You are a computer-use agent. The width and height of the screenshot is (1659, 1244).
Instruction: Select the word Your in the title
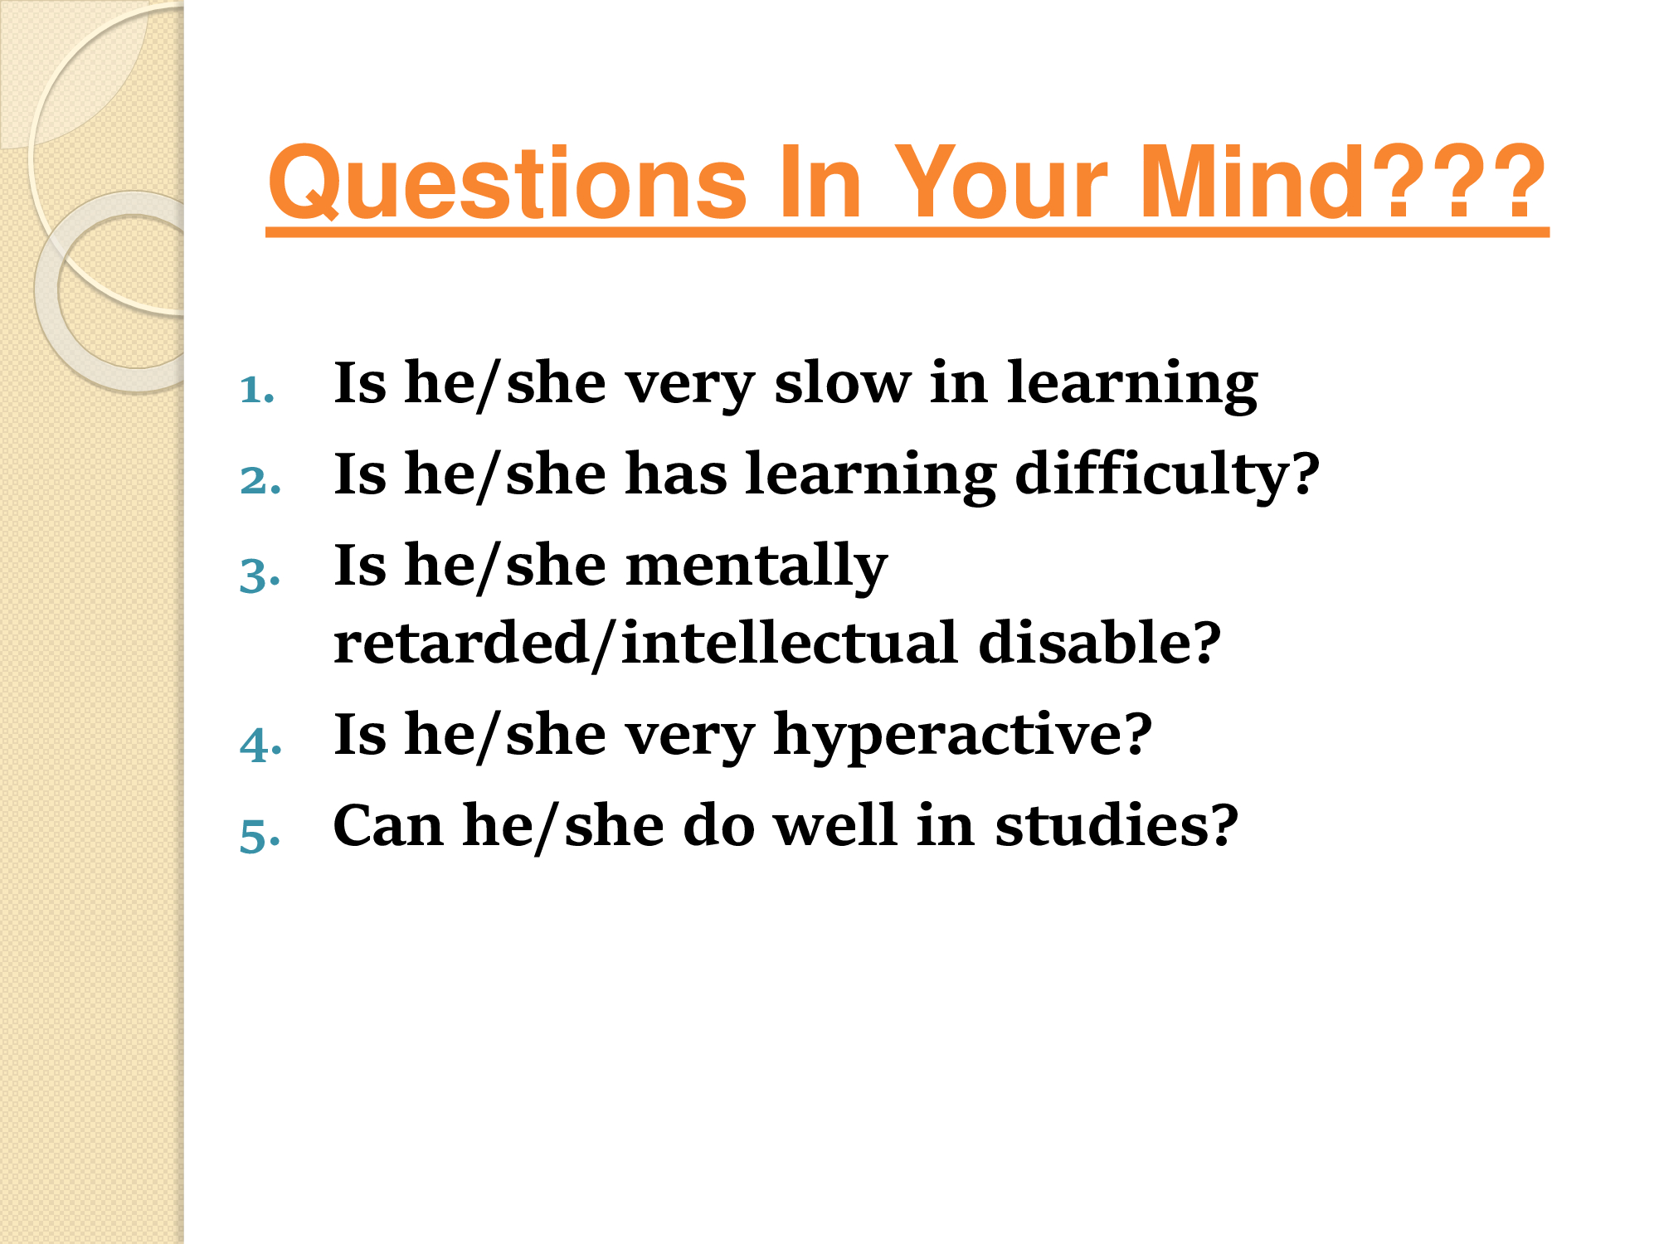[1001, 182]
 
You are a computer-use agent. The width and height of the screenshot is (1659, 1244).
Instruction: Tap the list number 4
[260, 743]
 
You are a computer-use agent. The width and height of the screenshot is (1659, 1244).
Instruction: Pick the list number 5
[260, 834]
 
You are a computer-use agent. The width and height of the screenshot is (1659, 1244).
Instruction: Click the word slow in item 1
[842, 383]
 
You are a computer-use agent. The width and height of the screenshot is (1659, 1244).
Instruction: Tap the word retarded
[460, 643]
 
